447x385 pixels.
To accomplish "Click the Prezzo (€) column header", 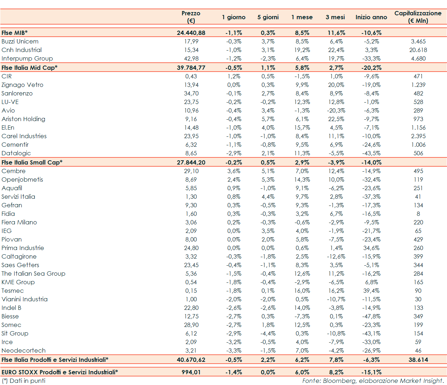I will click(x=191, y=17).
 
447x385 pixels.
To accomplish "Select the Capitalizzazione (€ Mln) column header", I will click(x=418, y=17).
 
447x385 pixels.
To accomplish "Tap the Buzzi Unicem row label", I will click(x=20, y=41).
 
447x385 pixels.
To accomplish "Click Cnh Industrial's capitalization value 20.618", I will click(x=418, y=50).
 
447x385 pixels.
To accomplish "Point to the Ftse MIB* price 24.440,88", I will click(x=191, y=33).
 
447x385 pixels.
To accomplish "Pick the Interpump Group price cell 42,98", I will click(x=191, y=58).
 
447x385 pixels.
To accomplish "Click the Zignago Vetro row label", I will click(x=22, y=85).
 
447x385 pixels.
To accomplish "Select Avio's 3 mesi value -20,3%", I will click(x=336, y=110).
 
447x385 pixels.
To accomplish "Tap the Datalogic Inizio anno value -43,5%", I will click(x=371, y=153).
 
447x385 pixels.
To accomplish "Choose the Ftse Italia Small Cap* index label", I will click(x=32, y=162).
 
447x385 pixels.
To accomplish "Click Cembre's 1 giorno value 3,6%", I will click(x=234, y=171).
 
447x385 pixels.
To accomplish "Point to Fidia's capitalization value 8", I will click(x=418, y=214).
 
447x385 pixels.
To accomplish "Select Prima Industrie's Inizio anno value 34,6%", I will click(x=371, y=248).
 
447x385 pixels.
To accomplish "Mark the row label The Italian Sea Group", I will click(x=33, y=274).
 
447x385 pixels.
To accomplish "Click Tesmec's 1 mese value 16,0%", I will click(x=302, y=291).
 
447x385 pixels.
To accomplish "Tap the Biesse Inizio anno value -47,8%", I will click(x=371, y=316).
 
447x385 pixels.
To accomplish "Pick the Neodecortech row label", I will click(x=23, y=350).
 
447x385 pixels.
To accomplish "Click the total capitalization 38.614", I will click(x=418, y=360).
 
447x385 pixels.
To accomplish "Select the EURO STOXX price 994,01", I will click(x=191, y=372).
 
